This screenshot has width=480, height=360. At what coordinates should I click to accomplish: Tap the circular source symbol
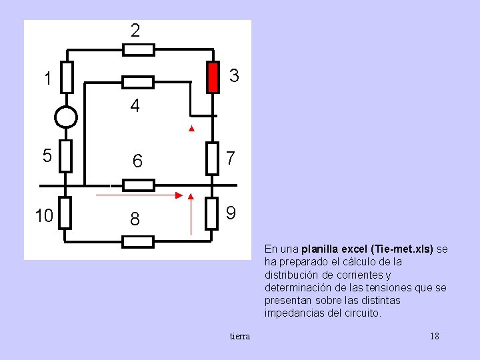click(x=66, y=117)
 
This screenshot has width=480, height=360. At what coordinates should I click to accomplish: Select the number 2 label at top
click(x=135, y=31)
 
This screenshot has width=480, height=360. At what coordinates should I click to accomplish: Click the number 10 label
click(x=45, y=216)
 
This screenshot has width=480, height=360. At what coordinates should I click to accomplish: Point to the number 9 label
click(x=231, y=213)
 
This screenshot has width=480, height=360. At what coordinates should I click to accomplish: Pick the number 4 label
click(x=135, y=106)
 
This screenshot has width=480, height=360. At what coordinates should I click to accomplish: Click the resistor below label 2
click(x=139, y=49)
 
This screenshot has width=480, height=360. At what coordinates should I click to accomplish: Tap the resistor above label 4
click(x=138, y=82)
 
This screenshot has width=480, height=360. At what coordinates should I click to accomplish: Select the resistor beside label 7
click(x=213, y=158)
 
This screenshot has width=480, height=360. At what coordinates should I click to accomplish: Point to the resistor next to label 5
click(x=66, y=157)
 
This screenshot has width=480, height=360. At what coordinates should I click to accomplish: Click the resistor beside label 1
click(x=66, y=77)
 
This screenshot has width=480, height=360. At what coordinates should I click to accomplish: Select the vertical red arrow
click(x=191, y=215)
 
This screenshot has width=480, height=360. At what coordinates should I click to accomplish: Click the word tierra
click(x=240, y=336)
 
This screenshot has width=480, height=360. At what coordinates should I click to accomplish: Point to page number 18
click(x=435, y=336)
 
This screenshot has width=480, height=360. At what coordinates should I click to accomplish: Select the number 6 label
click(x=137, y=161)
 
